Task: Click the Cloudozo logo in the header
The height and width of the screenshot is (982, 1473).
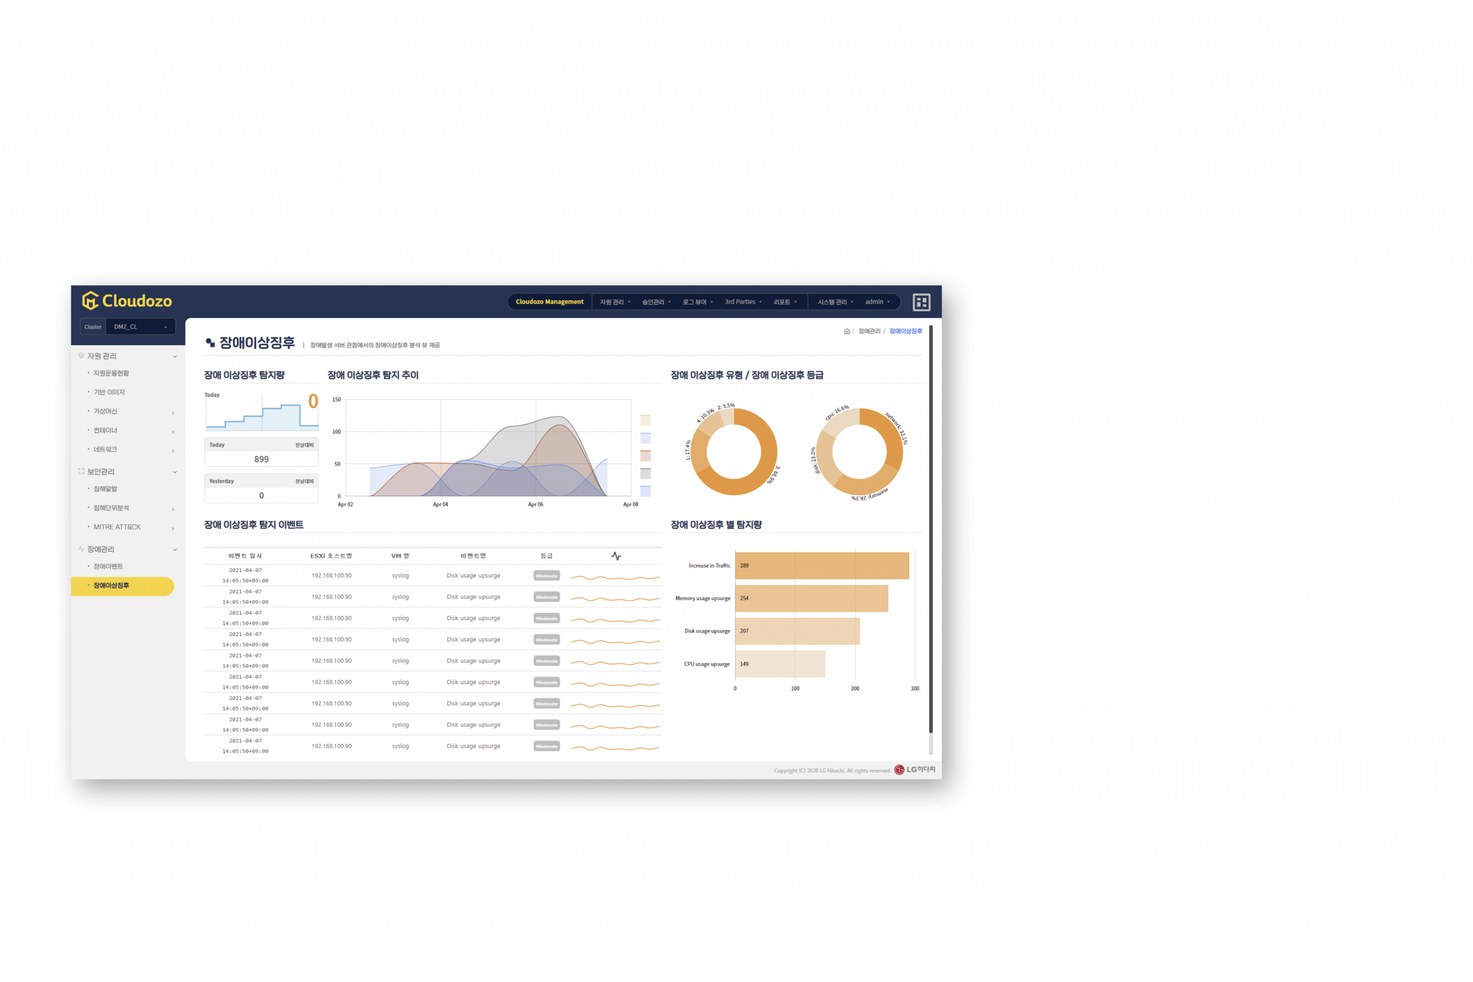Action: (127, 301)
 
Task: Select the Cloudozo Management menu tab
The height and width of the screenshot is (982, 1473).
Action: (549, 302)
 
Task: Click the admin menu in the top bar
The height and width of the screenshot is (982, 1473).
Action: (877, 302)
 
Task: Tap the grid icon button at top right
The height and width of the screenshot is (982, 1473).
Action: (921, 302)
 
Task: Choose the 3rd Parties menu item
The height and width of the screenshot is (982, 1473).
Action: (742, 302)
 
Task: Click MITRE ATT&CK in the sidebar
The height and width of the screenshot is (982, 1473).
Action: (117, 527)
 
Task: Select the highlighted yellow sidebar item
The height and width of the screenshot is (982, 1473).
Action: (122, 586)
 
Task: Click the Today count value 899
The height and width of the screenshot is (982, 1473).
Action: (261, 459)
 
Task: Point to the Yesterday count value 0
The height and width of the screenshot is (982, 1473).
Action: (261, 496)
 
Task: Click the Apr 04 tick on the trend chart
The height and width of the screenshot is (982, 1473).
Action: (440, 504)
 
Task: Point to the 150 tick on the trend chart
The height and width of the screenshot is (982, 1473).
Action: (337, 400)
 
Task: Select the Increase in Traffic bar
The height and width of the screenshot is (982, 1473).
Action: (821, 565)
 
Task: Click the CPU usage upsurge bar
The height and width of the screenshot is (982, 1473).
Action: (780, 664)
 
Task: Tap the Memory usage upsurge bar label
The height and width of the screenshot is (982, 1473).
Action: (703, 599)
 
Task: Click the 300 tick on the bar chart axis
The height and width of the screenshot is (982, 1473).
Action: (915, 688)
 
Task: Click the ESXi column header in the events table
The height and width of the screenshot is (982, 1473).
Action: (331, 556)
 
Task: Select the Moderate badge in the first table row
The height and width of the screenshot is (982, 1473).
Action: (547, 576)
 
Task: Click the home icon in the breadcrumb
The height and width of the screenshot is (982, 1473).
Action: (847, 332)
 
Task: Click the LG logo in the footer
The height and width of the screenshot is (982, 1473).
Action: (915, 770)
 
